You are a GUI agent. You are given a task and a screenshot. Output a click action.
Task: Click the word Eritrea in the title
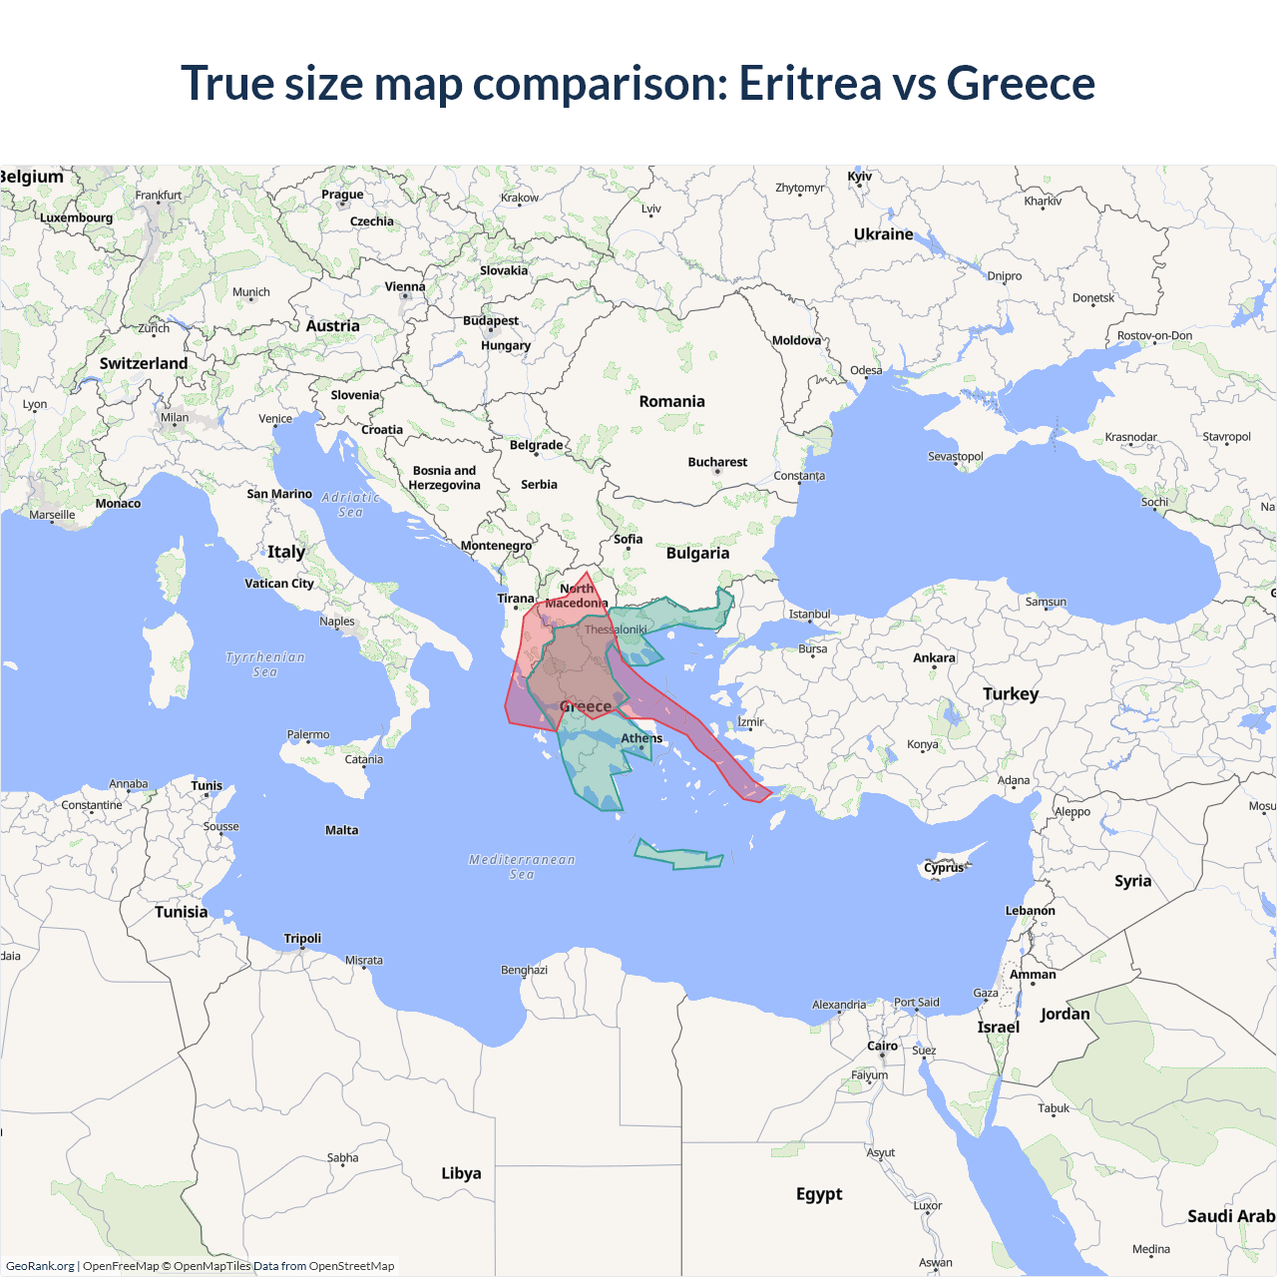tap(809, 83)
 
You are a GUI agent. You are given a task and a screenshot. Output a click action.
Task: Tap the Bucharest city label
tap(717, 462)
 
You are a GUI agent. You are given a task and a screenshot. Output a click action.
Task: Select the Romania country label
tap(671, 401)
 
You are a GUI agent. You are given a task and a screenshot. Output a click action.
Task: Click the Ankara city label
tap(934, 657)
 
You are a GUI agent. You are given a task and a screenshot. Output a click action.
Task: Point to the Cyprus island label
tap(944, 867)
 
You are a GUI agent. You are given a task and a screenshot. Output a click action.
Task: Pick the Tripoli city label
tap(302, 938)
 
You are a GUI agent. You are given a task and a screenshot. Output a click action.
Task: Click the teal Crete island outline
tap(678, 856)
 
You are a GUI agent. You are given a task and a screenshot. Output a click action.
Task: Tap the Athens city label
tap(641, 738)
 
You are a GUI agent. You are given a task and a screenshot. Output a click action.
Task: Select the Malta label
tap(341, 830)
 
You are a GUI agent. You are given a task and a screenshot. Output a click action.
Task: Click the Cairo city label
tap(882, 1046)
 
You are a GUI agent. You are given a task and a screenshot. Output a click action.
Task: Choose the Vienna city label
tap(405, 286)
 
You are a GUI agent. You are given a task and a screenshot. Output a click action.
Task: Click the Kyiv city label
tap(859, 177)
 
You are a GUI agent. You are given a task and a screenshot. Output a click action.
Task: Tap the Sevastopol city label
tap(955, 456)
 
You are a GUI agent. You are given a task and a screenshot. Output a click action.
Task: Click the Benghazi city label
tap(524, 970)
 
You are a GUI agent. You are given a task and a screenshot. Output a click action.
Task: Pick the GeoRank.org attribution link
tap(40, 1266)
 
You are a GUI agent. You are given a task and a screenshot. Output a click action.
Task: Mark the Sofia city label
tap(628, 539)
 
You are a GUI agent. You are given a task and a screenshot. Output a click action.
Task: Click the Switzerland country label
tap(144, 363)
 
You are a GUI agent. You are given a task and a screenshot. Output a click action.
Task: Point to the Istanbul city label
tap(809, 614)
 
